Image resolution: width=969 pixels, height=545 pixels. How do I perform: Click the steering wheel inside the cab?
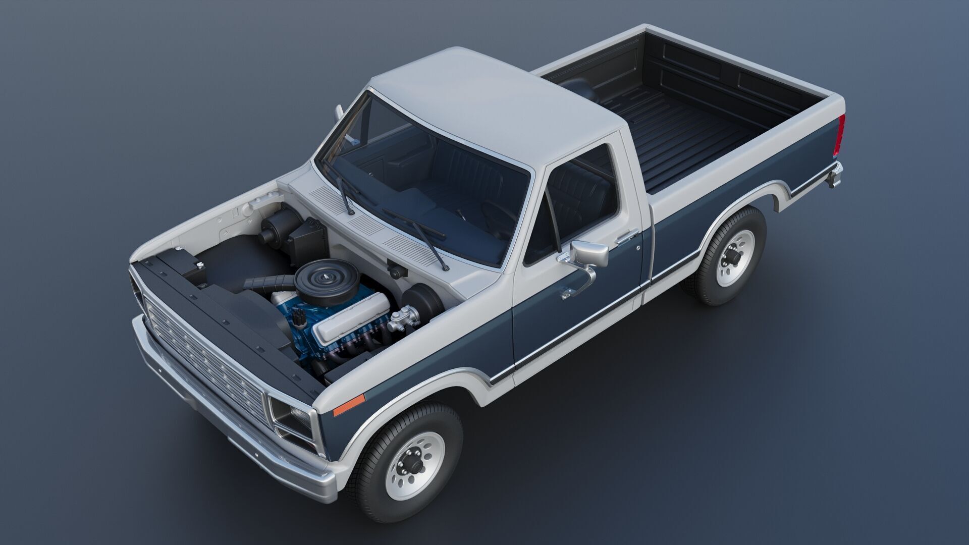click(x=497, y=217)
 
